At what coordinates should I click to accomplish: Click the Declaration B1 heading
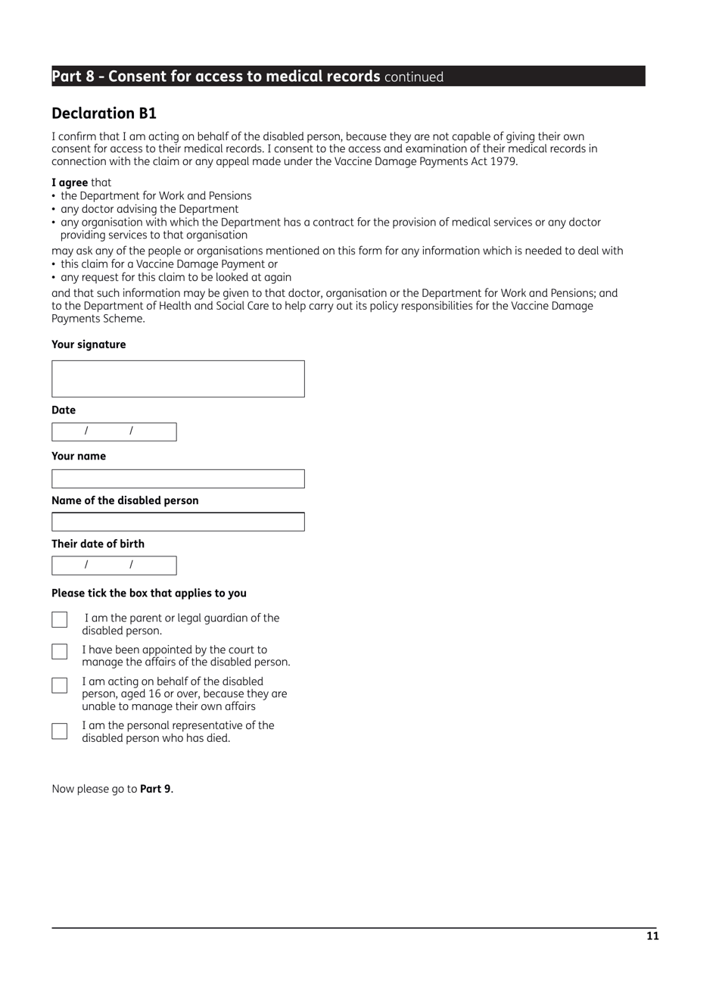tap(104, 114)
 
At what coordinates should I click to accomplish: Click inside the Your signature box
tap(178, 379)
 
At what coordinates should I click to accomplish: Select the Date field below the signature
tap(114, 432)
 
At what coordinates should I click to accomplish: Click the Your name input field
tap(178, 478)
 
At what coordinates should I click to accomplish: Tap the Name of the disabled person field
tap(178, 522)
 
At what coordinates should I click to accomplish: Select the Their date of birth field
tap(114, 566)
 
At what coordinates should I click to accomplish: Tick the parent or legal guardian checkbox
tap(60, 620)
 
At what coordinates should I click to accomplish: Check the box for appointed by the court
tap(60, 652)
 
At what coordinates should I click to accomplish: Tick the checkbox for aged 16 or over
tap(60, 685)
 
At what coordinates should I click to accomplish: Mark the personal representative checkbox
tap(60, 731)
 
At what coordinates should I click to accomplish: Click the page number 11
tap(652, 936)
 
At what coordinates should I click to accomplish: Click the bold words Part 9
tap(155, 789)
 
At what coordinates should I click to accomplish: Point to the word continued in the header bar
tap(414, 77)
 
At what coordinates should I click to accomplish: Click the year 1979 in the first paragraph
tap(503, 162)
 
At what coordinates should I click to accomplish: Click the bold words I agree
tap(70, 182)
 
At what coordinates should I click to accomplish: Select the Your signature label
tap(89, 344)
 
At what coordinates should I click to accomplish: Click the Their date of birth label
tap(98, 544)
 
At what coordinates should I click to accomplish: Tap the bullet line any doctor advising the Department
tap(149, 209)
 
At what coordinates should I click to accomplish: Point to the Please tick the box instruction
tap(148, 594)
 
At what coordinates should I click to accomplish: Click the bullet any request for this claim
tap(176, 277)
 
